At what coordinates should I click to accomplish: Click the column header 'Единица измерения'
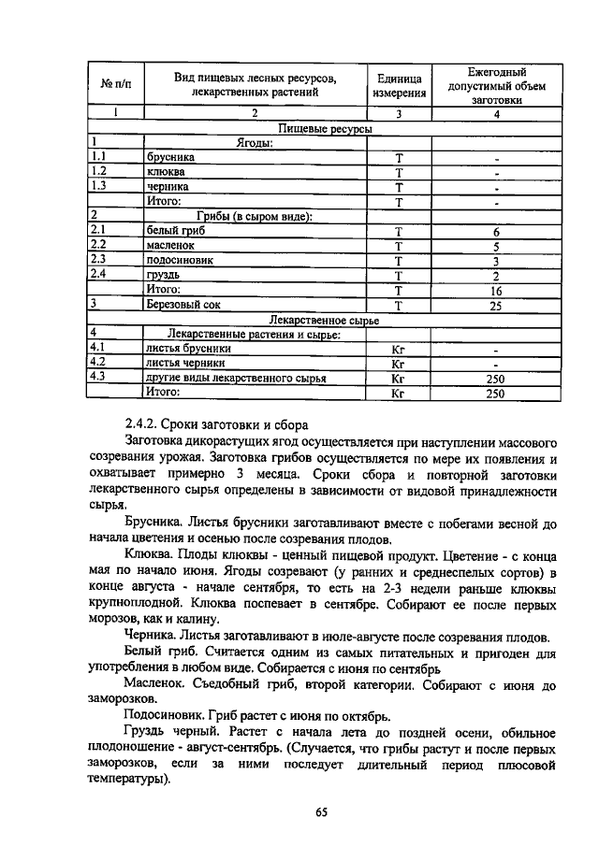coord(399,85)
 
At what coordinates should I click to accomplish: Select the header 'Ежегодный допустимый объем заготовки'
coord(496,85)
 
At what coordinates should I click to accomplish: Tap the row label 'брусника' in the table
coord(170,157)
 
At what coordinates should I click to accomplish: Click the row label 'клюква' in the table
coord(166,172)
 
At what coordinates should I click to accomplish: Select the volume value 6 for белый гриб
coord(496,231)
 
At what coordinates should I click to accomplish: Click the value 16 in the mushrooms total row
coord(496,290)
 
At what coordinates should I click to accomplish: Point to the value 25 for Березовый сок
coord(496,305)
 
